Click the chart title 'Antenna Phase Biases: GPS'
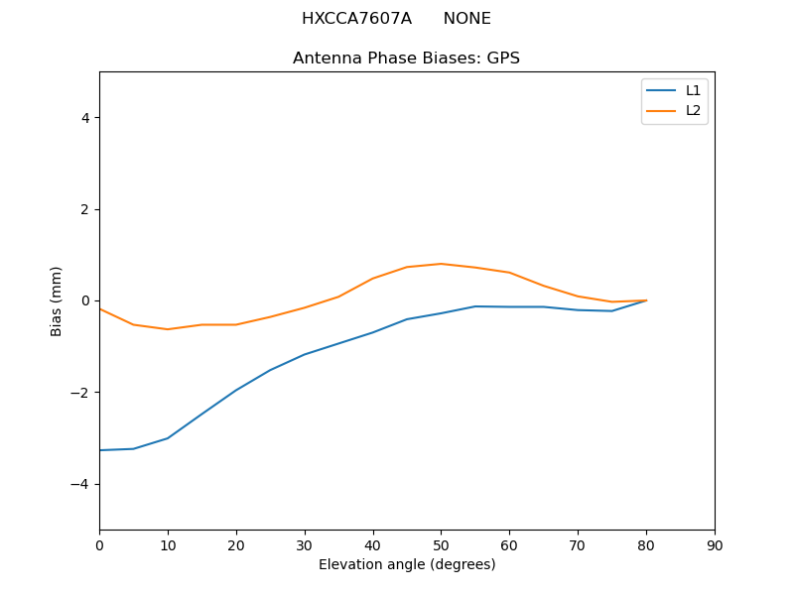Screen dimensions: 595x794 point(406,59)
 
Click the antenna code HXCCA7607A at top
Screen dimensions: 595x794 point(356,19)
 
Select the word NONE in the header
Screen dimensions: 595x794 point(466,19)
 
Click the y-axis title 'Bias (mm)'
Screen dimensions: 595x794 point(57,300)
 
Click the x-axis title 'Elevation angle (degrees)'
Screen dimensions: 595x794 point(407,565)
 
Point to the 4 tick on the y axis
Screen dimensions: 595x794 point(84,118)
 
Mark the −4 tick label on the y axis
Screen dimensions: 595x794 point(80,484)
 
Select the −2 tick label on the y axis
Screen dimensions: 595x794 point(80,393)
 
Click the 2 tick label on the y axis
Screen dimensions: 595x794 point(84,209)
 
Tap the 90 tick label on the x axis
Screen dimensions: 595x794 point(715,544)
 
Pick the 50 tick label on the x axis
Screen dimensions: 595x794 point(441,544)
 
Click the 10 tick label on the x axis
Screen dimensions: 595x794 point(168,544)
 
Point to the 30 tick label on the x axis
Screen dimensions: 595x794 point(305,544)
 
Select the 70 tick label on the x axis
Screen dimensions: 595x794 point(578,544)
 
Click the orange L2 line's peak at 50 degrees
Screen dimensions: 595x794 point(441,264)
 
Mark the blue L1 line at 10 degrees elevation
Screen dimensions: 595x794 point(168,438)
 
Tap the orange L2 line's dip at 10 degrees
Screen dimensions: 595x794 point(168,329)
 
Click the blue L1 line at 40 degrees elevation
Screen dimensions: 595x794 point(373,332)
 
